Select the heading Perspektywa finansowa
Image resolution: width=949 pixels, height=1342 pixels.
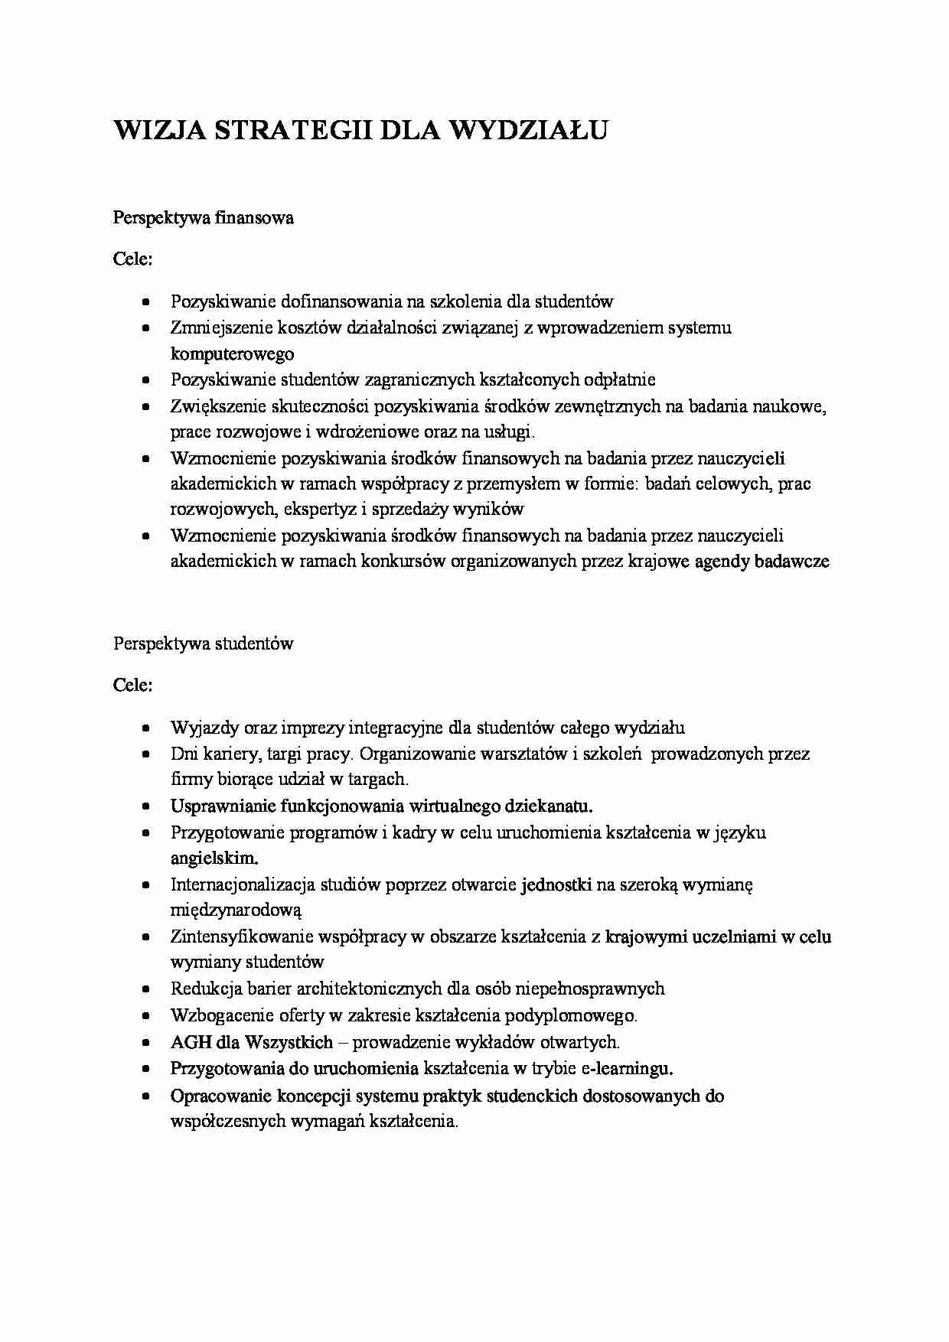coord(204,218)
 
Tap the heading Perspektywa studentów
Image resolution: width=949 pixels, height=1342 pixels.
coord(204,643)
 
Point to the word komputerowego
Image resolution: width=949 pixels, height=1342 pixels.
coord(232,353)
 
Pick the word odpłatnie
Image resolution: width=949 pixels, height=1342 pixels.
coord(620,379)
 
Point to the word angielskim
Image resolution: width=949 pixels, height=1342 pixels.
coord(214,858)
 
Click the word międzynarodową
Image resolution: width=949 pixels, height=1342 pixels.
coord(236,910)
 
